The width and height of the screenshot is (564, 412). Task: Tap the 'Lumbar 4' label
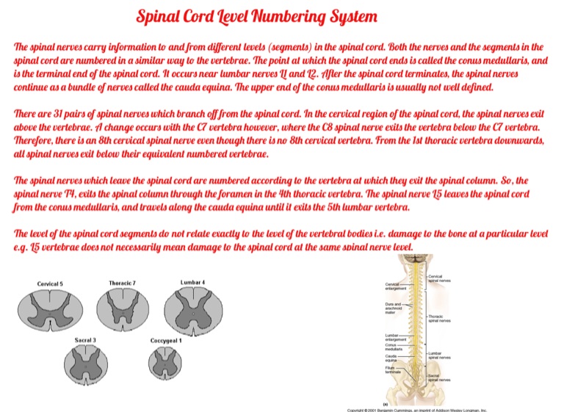pos(192,283)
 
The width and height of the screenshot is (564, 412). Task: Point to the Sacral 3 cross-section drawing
pos(86,364)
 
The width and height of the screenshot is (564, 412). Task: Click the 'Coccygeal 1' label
pos(166,341)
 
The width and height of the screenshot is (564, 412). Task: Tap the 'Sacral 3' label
pos(86,340)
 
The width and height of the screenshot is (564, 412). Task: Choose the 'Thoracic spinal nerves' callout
pos(440,318)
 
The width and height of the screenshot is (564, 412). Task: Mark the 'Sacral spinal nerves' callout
pos(440,377)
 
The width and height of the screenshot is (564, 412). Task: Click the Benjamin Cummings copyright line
pos(417,409)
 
